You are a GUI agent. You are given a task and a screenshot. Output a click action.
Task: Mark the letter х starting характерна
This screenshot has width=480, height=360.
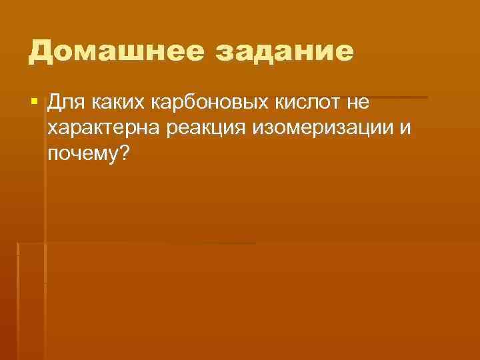pos(53,129)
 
